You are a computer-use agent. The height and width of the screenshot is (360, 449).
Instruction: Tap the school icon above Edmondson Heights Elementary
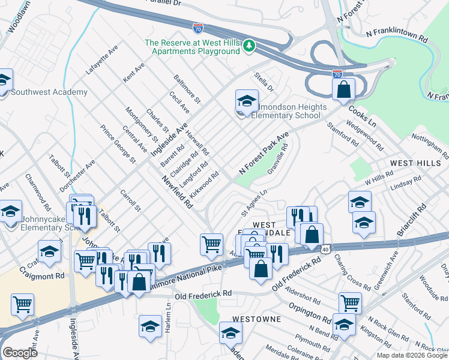pyautogui.click(x=247, y=101)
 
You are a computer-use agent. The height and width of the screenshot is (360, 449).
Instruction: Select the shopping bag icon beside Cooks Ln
pyautogui.click(x=343, y=90)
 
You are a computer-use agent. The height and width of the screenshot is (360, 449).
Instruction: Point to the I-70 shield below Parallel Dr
pyautogui.click(x=197, y=28)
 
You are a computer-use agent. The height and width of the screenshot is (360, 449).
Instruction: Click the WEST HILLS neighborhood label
pyautogui.click(x=411, y=163)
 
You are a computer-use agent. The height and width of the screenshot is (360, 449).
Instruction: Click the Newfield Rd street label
pyautogui.click(x=176, y=191)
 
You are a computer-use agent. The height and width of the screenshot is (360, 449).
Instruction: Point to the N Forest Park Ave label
pyautogui.click(x=264, y=154)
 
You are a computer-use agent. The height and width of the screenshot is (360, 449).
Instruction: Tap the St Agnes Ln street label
pyautogui.click(x=253, y=203)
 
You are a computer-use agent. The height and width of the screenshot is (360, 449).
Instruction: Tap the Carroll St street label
pyautogui.click(x=130, y=201)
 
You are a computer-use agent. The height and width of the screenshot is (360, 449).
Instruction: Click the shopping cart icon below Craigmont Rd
pyautogui.click(x=23, y=305)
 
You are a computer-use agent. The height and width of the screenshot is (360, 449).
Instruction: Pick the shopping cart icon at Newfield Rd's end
pyautogui.click(x=211, y=245)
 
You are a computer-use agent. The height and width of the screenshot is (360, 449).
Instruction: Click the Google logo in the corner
pyautogui.click(x=20, y=353)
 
